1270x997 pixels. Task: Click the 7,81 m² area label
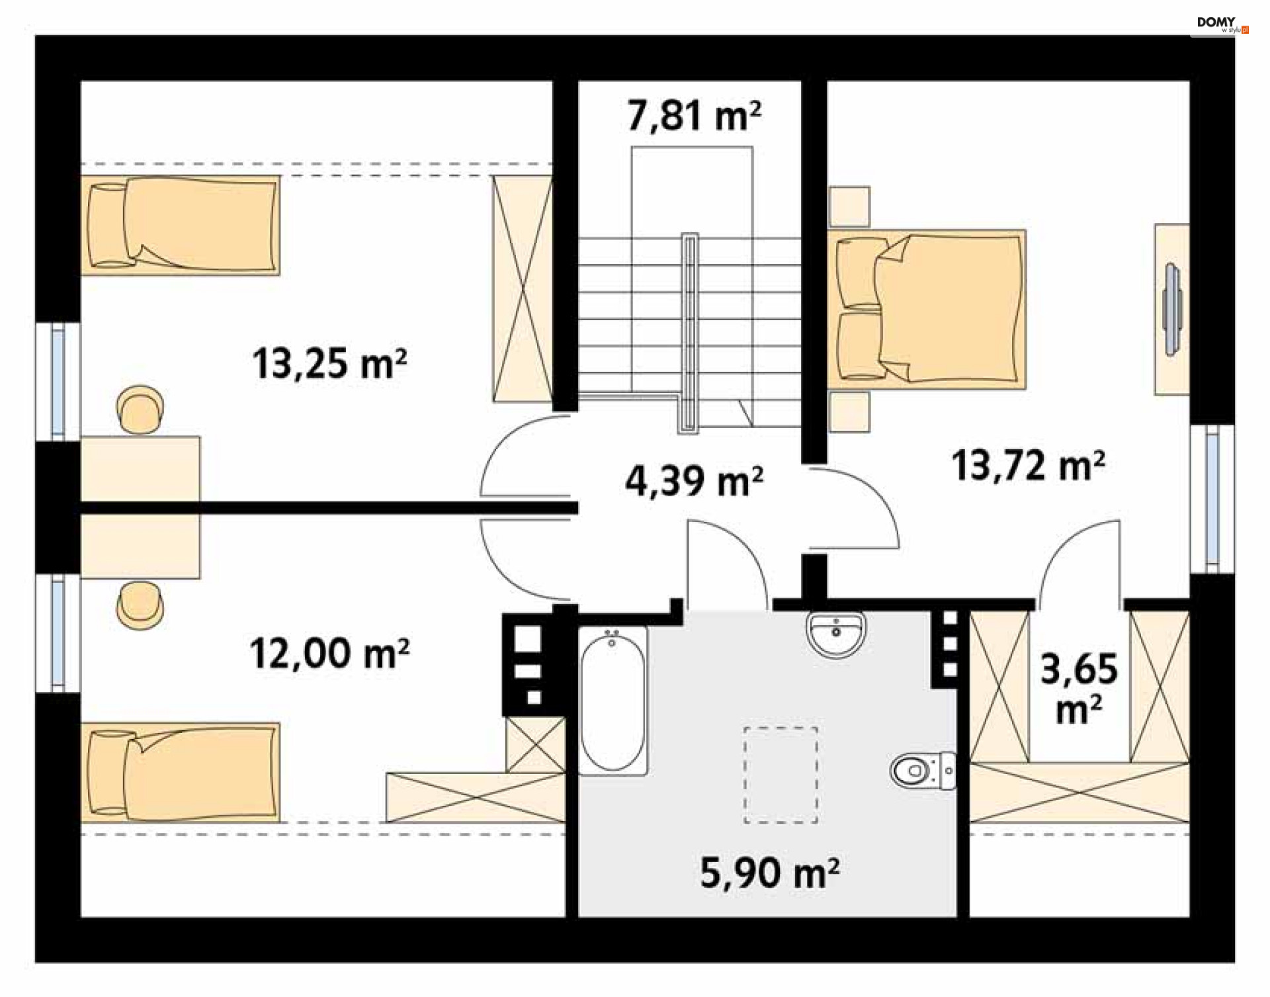click(694, 116)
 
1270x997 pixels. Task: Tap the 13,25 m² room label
click(329, 363)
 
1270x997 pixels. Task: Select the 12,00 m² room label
click(329, 654)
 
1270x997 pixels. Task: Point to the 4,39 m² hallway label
click(694, 481)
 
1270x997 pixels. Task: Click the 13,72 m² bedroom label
click(1028, 465)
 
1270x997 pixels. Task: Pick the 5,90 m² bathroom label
click(770, 873)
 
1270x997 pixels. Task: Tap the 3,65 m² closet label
click(1079, 688)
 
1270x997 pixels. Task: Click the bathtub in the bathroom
click(613, 701)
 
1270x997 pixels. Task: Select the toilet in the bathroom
click(923, 771)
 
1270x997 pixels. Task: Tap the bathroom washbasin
click(836, 634)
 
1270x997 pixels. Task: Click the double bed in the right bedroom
click(927, 309)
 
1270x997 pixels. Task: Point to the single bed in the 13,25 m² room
click(180, 225)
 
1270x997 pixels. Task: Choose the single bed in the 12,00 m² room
click(180, 773)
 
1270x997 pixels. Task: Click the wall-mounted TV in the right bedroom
click(1173, 309)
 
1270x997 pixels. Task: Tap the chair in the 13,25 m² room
click(140, 410)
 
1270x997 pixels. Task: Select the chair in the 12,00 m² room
click(140, 605)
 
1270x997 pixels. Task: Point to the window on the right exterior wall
click(1212, 498)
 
